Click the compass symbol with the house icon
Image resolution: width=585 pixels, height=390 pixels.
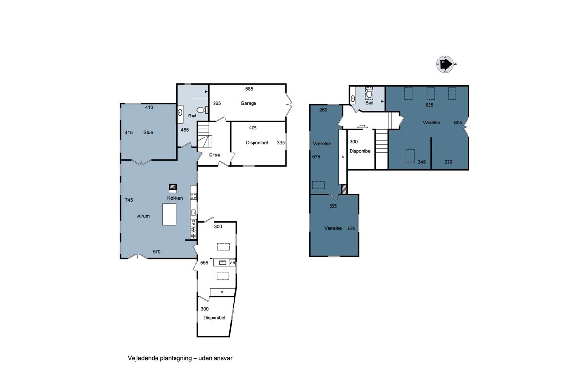[x=445, y=64]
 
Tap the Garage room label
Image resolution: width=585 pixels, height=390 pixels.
[x=248, y=103]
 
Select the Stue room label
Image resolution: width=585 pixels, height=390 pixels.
[x=148, y=133]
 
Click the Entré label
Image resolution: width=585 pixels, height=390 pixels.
[x=214, y=155]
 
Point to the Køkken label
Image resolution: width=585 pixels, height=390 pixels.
[x=175, y=198]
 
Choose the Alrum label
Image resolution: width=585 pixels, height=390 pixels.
[x=143, y=216]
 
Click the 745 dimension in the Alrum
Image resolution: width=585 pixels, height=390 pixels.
[x=129, y=200]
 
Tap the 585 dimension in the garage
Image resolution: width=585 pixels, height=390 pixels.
[x=249, y=89]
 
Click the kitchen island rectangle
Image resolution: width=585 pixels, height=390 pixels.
[x=169, y=214]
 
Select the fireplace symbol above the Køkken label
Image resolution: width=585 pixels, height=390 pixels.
[x=173, y=188]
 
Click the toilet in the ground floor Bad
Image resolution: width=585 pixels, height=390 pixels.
[x=202, y=110]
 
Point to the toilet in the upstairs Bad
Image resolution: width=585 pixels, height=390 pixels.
[x=369, y=93]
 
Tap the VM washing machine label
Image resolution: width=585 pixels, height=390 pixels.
[x=232, y=263]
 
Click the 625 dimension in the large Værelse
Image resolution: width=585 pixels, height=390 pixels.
[x=429, y=105]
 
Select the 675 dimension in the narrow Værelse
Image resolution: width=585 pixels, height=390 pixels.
[x=316, y=157]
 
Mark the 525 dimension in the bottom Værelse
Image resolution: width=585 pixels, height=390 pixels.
[x=351, y=229]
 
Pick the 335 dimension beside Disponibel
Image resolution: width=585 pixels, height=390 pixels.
[x=281, y=143]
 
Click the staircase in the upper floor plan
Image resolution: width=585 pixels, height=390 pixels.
[x=382, y=149]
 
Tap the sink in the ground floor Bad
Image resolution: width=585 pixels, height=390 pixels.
[x=180, y=113]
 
